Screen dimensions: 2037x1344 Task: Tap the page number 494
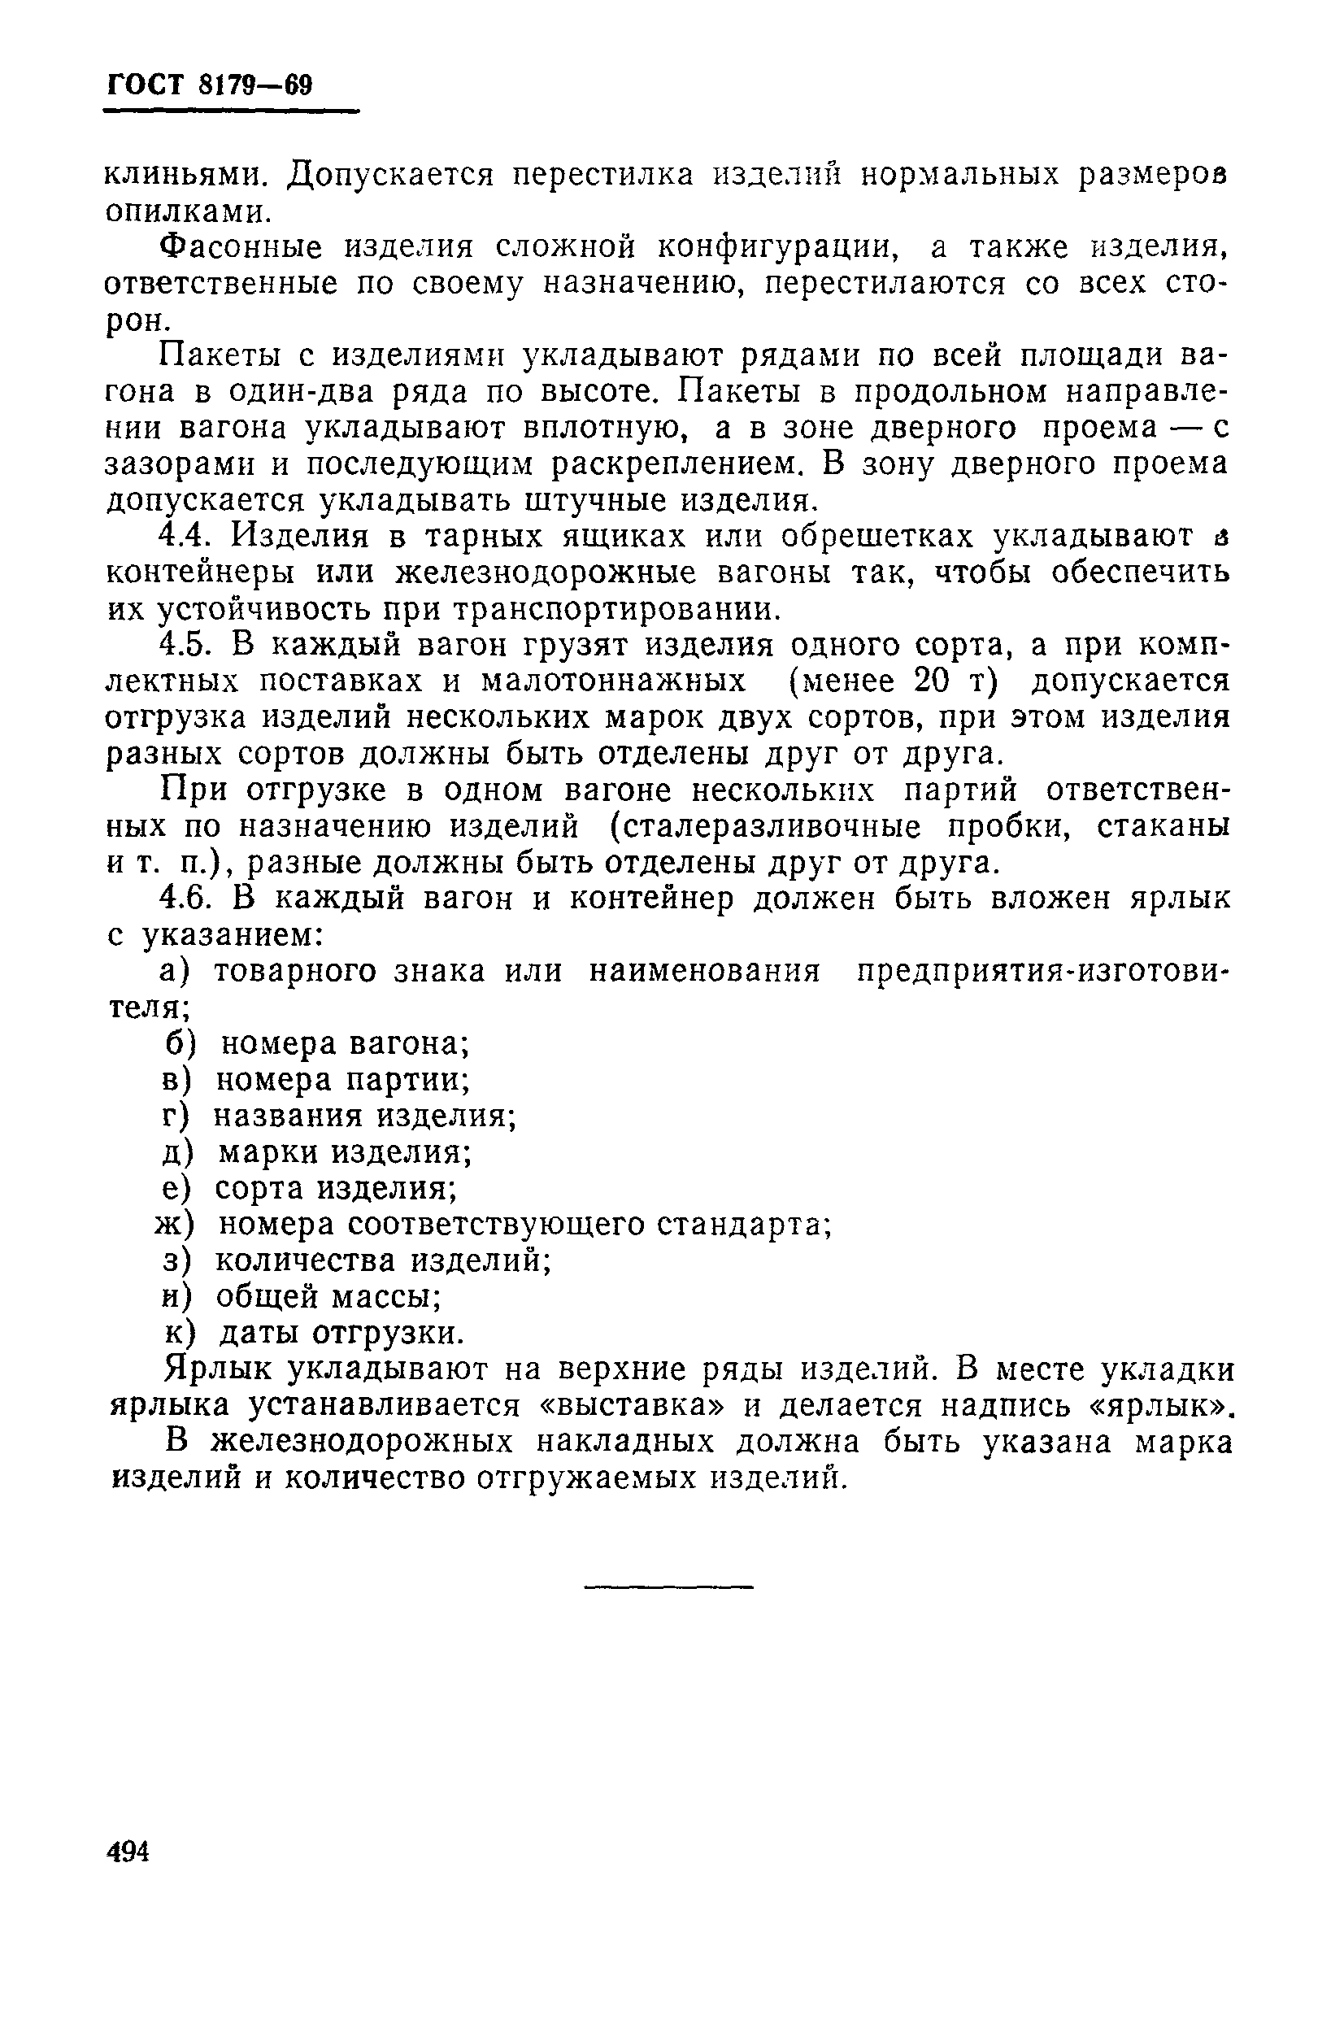[128, 1851]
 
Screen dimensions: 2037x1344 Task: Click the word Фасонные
[242, 248]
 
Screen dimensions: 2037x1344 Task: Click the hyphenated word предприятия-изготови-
[1042, 972]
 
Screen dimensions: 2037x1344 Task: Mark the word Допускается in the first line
[391, 176]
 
